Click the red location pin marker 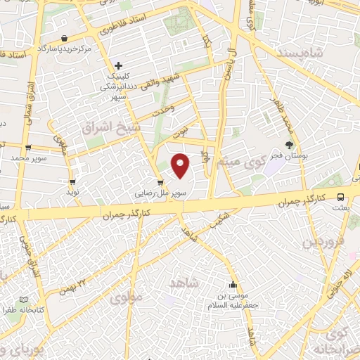coord(181,165)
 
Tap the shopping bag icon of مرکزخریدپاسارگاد coord(65,38)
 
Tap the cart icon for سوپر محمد coord(28,148)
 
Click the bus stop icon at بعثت coord(340,198)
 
